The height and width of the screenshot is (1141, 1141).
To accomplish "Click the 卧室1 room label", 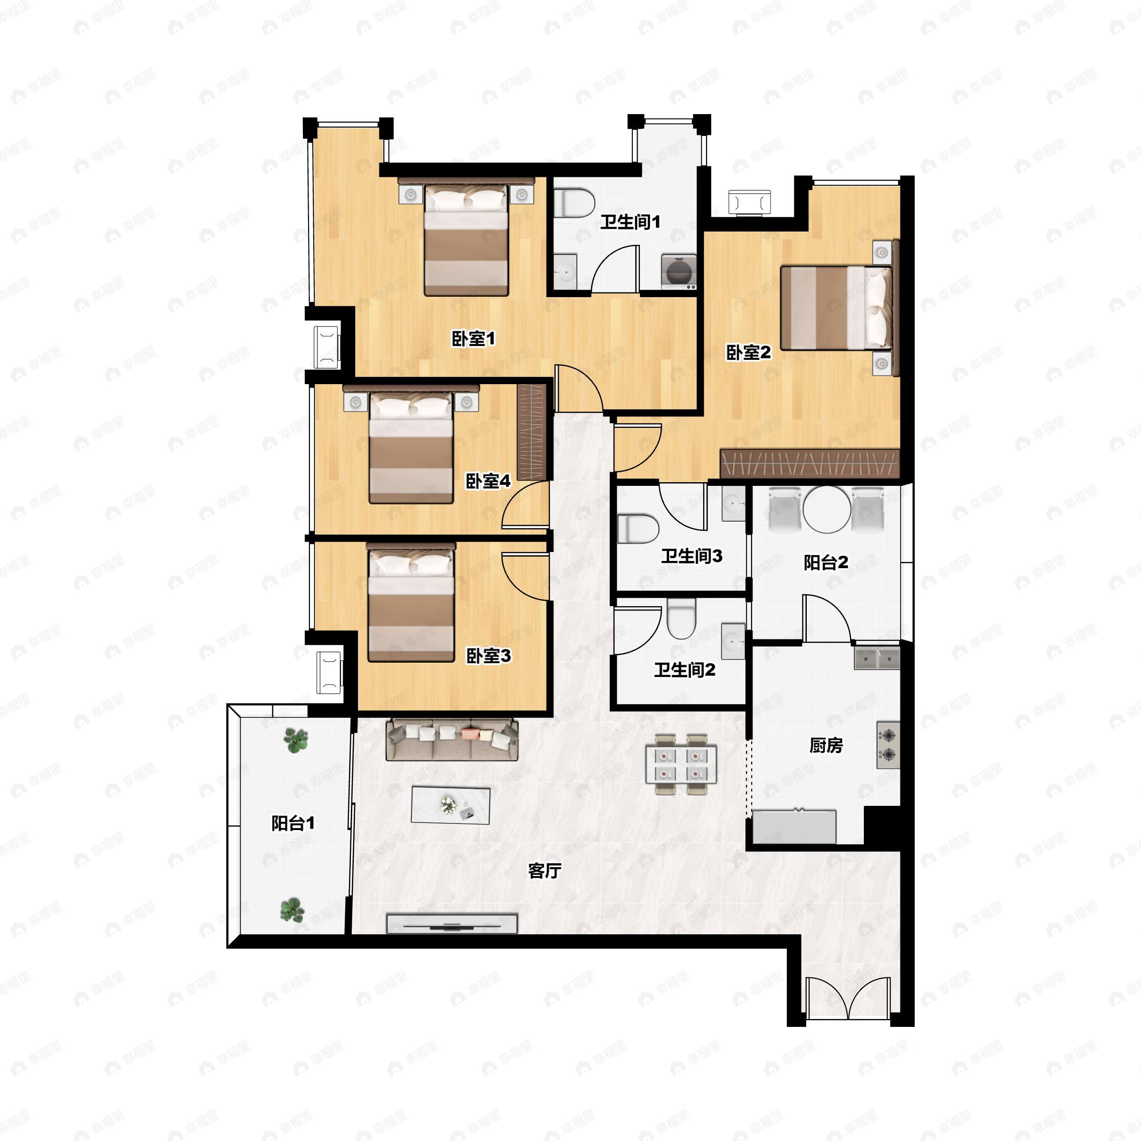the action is pyautogui.click(x=473, y=339).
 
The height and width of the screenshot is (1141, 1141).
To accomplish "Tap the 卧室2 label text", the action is pyautogui.click(x=748, y=353).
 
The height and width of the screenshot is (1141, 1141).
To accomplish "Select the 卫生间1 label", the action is pyautogui.click(x=630, y=222).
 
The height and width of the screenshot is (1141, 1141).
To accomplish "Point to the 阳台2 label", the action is pyautogui.click(x=826, y=562).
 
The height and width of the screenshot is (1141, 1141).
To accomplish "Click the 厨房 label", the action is pyautogui.click(x=826, y=745).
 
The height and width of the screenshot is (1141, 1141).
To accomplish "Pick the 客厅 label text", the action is pyautogui.click(x=544, y=870).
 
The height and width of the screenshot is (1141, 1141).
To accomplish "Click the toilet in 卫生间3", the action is pyautogui.click(x=638, y=529).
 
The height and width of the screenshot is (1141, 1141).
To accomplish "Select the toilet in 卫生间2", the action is pyautogui.click(x=682, y=619).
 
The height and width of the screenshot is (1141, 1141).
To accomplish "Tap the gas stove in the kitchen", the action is pyautogui.click(x=888, y=745).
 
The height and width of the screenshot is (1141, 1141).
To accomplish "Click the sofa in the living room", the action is pyautogui.click(x=452, y=739).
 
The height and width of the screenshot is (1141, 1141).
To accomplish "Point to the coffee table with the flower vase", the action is pyautogui.click(x=451, y=805).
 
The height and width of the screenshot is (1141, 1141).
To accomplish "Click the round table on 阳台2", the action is pyautogui.click(x=826, y=510).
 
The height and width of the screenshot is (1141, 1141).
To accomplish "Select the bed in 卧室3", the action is pyautogui.click(x=411, y=602).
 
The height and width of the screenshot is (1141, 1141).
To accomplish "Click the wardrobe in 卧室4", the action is pyautogui.click(x=532, y=432).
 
